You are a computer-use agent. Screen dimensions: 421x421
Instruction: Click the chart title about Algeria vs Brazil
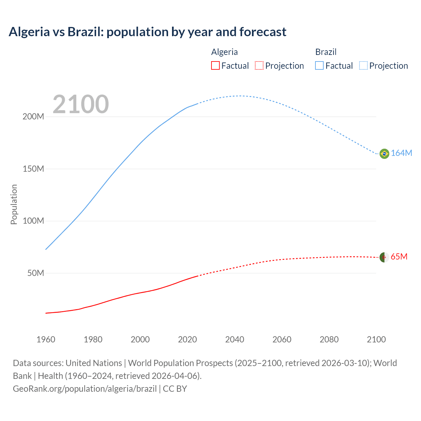coord(147,32)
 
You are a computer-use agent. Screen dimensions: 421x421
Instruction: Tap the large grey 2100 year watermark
coord(81,104)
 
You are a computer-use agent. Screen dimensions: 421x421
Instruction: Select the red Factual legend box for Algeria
coord(215,65)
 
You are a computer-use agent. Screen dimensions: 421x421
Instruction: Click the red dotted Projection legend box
coord(259,65)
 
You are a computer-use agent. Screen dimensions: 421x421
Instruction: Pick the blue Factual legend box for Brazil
coord(319,65)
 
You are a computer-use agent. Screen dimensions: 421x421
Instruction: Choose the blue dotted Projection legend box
coord(363,65)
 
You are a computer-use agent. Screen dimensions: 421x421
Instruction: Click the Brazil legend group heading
coord(326,52)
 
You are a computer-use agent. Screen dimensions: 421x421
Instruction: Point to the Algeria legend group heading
coord(224,52)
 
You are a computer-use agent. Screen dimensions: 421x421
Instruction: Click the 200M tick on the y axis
coord(33,117)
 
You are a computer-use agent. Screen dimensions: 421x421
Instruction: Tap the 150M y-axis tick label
coord(33,169)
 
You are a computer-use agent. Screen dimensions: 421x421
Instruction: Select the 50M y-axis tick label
coord(36,273)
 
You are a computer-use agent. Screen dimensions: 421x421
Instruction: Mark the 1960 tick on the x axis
coord(46,339)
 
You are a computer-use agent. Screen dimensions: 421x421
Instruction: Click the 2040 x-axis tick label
coord(235,339)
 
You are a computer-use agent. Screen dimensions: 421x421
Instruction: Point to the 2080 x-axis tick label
coord(329,339)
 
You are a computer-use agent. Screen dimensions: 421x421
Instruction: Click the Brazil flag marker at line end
coord(384,154)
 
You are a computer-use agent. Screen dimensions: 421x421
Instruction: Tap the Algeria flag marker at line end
coord(384,257)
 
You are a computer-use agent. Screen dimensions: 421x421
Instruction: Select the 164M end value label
coord(401,153)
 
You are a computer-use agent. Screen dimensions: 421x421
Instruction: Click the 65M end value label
coord(399,257)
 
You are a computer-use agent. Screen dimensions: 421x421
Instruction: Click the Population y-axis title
coord(14,204)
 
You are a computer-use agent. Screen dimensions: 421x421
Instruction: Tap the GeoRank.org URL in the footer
coord(85,389)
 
